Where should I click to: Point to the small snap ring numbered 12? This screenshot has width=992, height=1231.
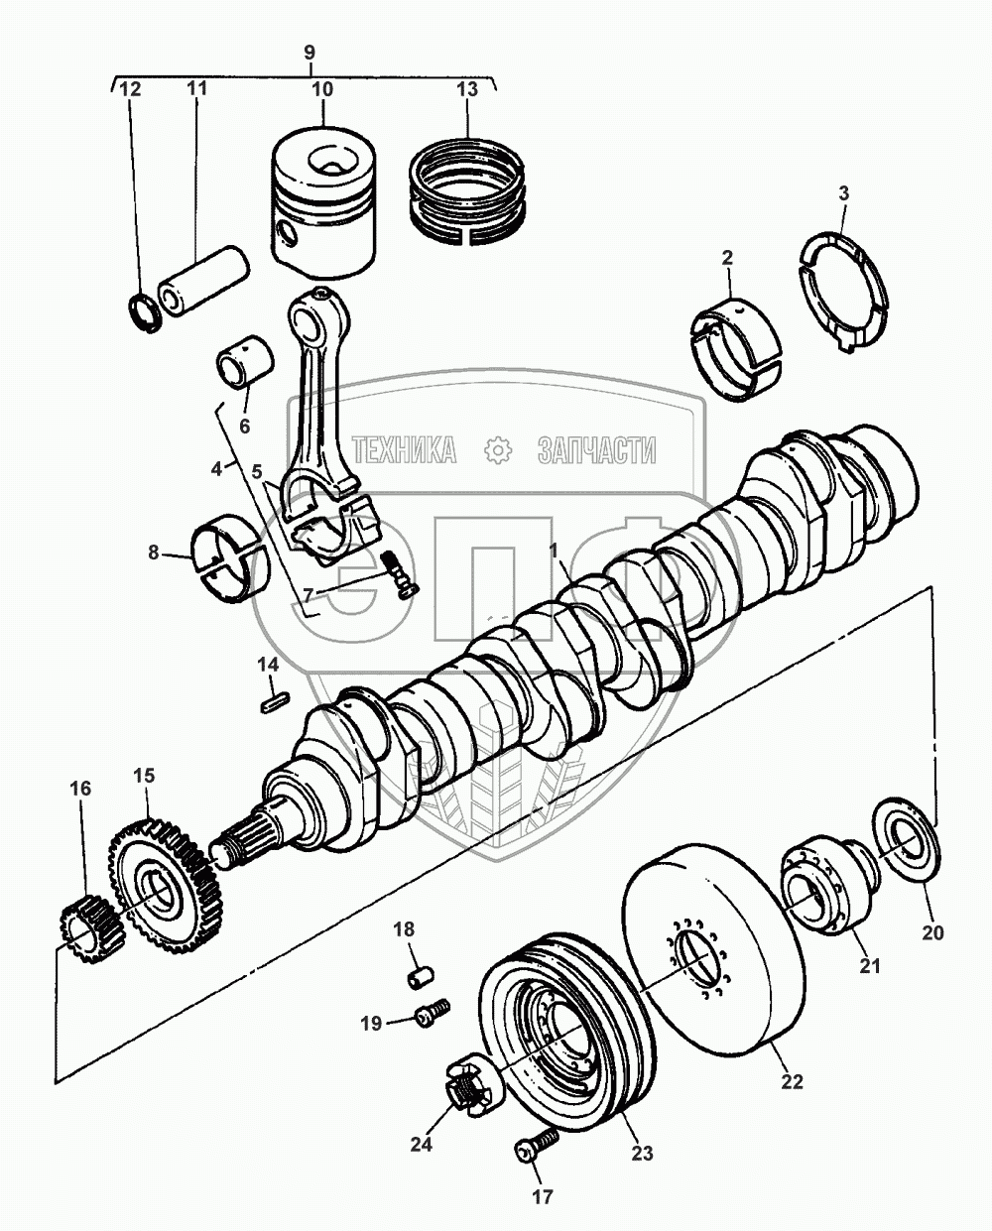pyautogui.click(x=145, y=311)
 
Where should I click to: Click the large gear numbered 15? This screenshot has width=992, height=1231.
pyautogui.click(x=164, y=882)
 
